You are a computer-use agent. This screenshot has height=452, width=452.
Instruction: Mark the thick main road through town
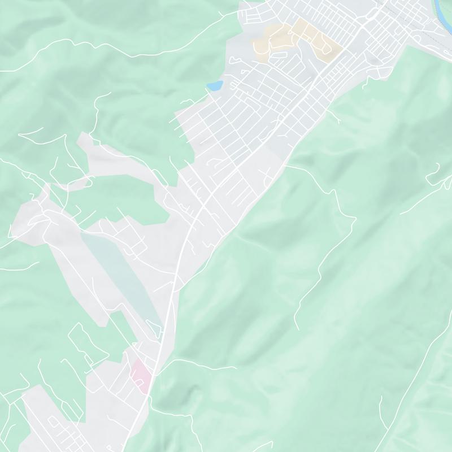[186, 237]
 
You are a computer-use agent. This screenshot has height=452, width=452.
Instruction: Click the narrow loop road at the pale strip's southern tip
[153, 325]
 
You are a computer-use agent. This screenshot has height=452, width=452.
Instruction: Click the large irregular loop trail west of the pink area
[85, 345]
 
